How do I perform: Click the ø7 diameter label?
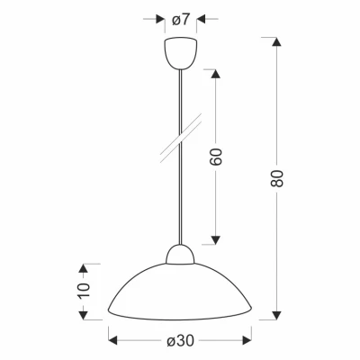coord(180,18)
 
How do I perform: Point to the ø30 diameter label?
coord(180,341)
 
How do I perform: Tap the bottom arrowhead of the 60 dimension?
coord(216,239)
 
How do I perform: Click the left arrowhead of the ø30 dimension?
coord(113,341)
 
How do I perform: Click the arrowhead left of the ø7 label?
coord(160,18)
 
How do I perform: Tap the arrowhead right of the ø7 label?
coord(201,18)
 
